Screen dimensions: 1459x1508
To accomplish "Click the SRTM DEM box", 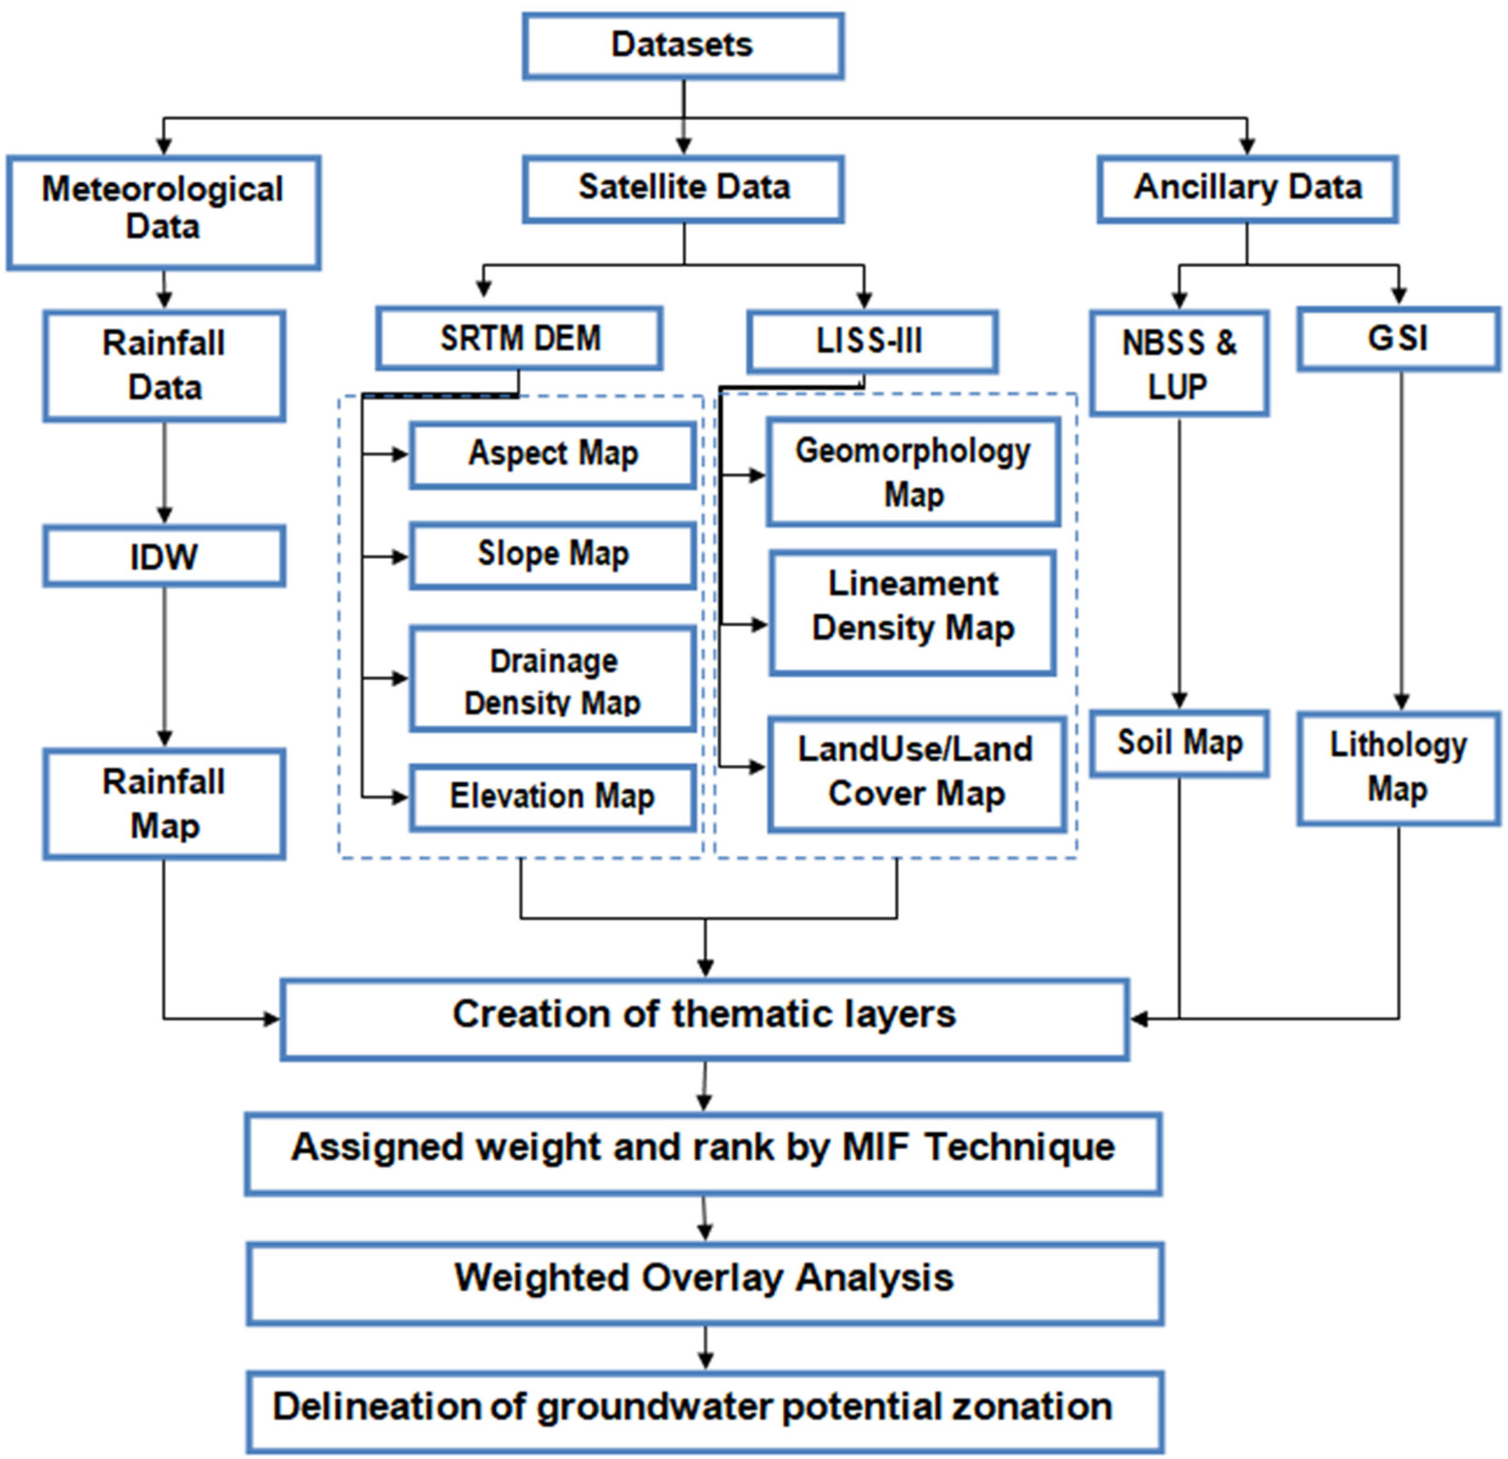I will click(x=519, y=338).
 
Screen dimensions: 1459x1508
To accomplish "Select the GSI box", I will click(x=1397, y=338).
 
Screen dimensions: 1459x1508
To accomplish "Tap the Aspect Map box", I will click(x=552, y=454).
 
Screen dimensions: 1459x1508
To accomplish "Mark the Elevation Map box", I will click(x=552, y=797).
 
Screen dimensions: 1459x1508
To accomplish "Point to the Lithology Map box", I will click(x=1397, y=768).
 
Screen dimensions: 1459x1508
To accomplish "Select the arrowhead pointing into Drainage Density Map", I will click(x=401, y=678).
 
